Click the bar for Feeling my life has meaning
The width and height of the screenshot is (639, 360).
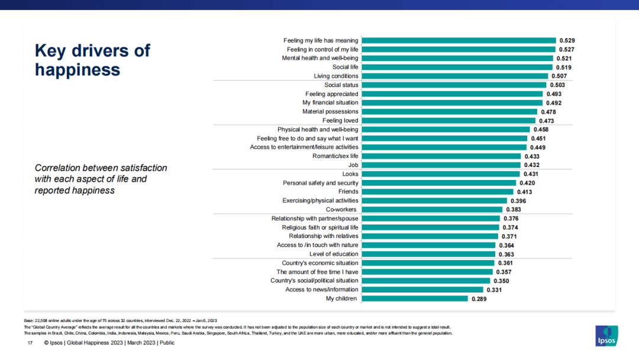[458, 41]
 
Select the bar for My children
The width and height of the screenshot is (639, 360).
[414, 298]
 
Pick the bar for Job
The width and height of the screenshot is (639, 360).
[440, 165]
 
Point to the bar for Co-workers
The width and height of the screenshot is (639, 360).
[431, 210]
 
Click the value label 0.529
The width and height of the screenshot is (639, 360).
[567, 41]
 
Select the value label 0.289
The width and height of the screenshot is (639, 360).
[479, 299]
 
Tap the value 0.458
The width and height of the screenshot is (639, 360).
[541, 130]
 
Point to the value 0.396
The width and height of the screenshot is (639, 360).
[518, 201]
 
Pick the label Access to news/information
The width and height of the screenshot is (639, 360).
[321, 290]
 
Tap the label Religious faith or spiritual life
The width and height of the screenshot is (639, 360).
[319, 227]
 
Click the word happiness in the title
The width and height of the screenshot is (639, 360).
[78, 70]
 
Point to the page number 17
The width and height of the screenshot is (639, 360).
[30, 343]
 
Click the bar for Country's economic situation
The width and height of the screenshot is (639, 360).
[428, 263]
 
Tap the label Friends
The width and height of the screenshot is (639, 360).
[348, 192]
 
